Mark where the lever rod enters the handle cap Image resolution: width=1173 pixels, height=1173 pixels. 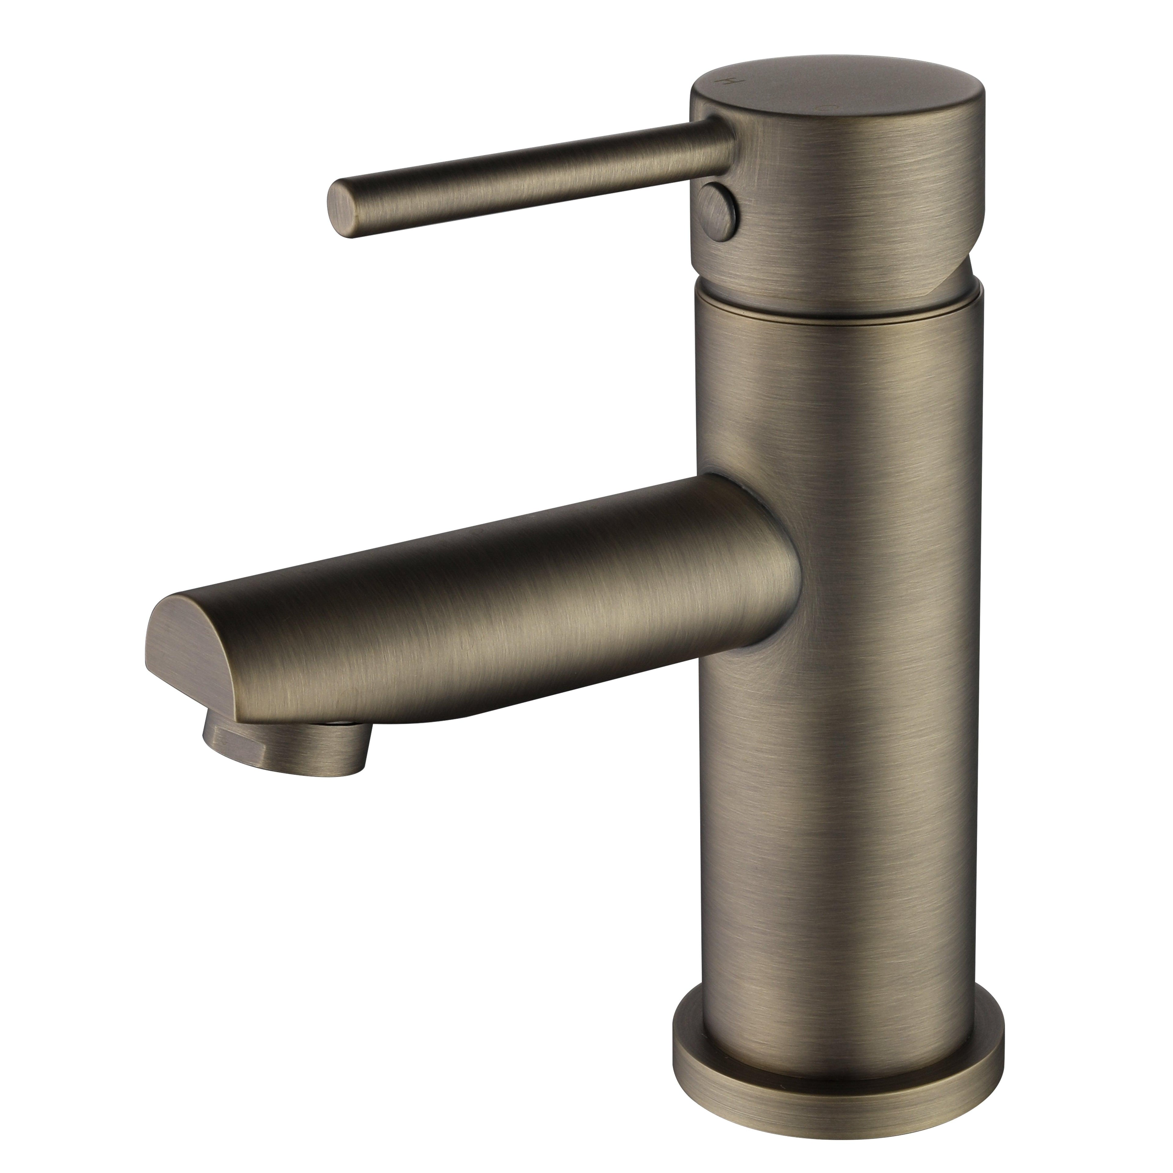tap(722, 143)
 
